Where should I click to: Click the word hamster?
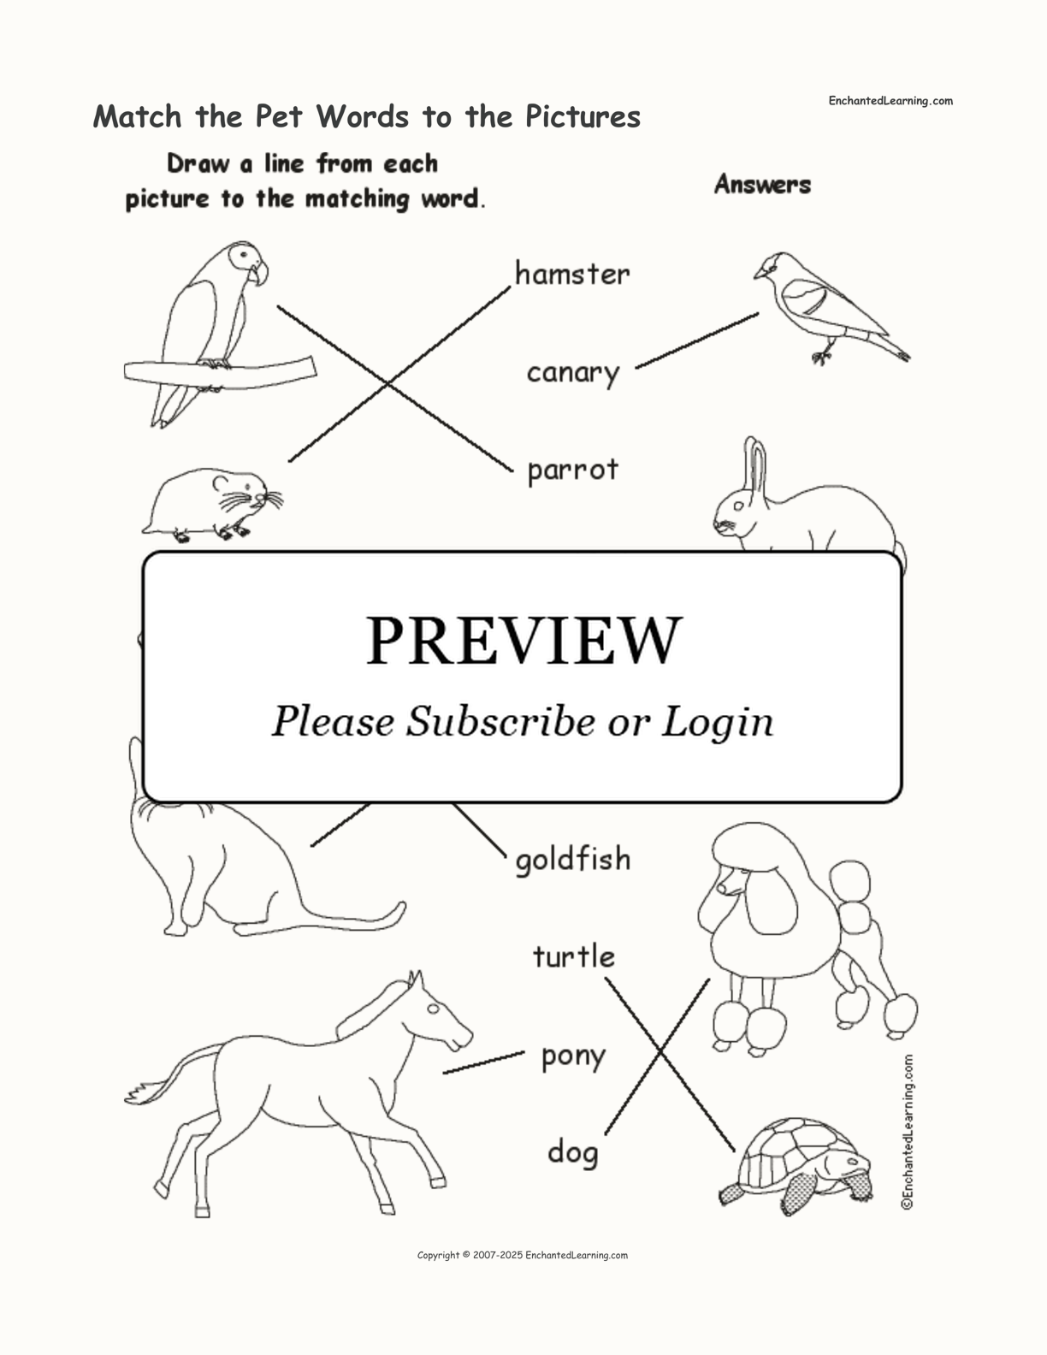point(572,274)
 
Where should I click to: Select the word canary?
point(573,374)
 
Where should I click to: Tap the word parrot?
point(573,470)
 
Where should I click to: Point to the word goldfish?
point(573,860)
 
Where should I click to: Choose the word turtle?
point(574,956)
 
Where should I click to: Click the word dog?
point(573,1151)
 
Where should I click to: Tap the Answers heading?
point(763,184)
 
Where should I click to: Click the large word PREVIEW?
point(523,641)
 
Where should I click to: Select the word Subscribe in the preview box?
point(500,722)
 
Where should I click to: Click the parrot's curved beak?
point(259,274)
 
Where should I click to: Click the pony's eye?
point(432,1009)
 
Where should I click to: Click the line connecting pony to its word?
point(484,1062)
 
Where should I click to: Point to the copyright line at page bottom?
point(523,1255)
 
